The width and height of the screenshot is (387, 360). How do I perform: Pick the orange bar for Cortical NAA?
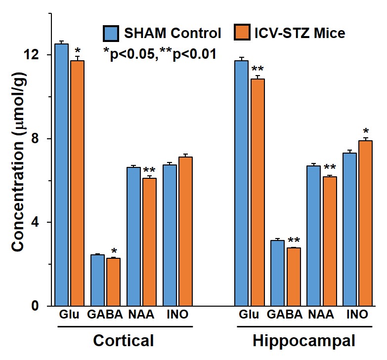pyautogui.click(x=149, y=242)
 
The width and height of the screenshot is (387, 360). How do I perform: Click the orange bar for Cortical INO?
pyautogui.click(x=185, y=232)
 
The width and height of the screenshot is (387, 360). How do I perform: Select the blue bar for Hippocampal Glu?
pyautogui.click(x=241, y=183)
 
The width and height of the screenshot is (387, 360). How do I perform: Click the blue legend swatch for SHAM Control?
pyautogui.click(x=110, y=34)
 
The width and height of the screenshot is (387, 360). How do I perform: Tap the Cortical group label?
pyautogui.click(x=124, y=341)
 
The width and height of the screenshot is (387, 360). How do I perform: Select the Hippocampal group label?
pyautogui.click(x=303, y=341)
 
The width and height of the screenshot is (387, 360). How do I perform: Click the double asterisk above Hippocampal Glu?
pyautogui.click(x=258, y=70)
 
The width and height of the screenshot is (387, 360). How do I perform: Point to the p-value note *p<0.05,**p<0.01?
pyautogui.click(x=160, y=53)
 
